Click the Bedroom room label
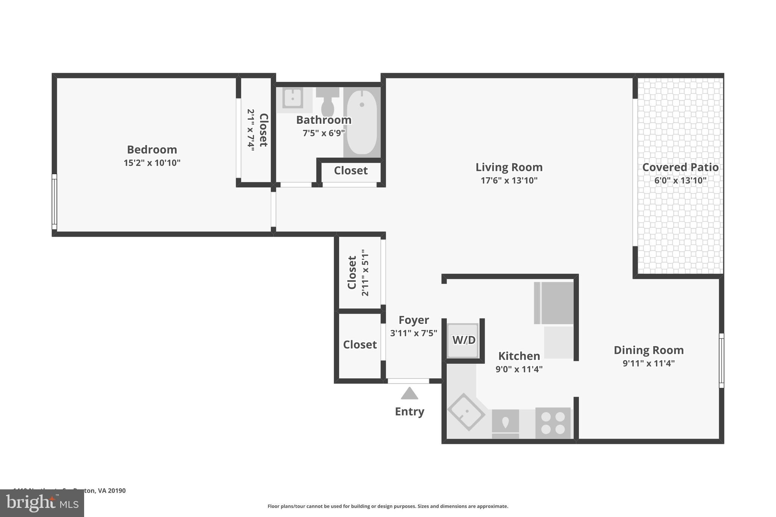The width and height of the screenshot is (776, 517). pyautogui.click(x=152, y=150)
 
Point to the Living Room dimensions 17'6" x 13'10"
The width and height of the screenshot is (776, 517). pyautogui.click(x=509, y=181)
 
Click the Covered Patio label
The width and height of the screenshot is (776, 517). pyautogui.click(x=680, y=167)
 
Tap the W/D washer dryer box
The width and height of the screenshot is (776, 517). pyautogui.click(x=463, y=340)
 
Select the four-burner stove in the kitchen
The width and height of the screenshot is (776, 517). pyautogui.click(x=552, y=423)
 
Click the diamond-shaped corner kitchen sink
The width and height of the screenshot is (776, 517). pyautogui.click(x=466, y=412)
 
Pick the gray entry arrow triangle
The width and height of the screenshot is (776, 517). pyautogui.click(x=409, y=394)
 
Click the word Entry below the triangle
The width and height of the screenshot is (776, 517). pyautogui.click(x=409, y=412)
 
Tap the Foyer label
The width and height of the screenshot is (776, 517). pyautogui.click(x=413, y=320)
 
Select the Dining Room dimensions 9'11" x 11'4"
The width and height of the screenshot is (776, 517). pyautogui.click(x=648, y=364)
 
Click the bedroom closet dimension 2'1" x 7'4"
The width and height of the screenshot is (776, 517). pyautogui.click(x=250, y=130)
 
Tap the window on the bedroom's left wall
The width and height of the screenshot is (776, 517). pyautogui.click(x=54, y=202)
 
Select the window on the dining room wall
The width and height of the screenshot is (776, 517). pyautogui.click(x=721, y=361)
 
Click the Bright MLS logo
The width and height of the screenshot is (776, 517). pyautogui.click(x=42, y=503)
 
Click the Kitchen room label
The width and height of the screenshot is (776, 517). pyautogui.click(x=519, y=356)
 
